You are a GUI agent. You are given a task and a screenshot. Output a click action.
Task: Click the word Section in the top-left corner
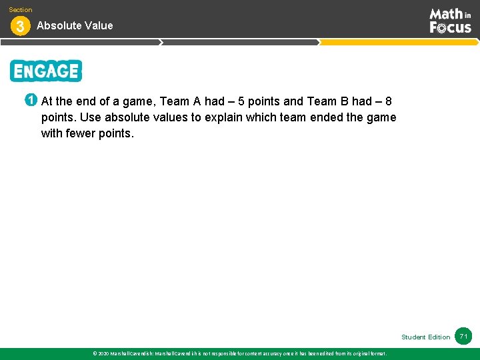tap(21, 10)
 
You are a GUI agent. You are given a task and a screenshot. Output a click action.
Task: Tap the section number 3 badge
tap(19, 27)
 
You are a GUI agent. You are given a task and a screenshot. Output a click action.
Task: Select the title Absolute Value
tap(75, 25)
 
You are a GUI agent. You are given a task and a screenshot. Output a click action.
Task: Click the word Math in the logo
tap(445, 14)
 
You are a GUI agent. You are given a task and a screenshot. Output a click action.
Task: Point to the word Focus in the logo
tap(450, 27)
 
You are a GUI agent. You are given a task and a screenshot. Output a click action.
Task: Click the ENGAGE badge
tap(46, 71)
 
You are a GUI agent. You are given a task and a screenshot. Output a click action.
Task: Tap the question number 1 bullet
tap(30, 101)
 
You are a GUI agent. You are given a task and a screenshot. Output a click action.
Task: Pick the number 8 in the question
tap(389, 101)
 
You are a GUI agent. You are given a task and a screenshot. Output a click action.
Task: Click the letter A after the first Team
tap(197, 101)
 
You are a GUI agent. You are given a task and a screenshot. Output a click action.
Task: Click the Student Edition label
tap(425, 337)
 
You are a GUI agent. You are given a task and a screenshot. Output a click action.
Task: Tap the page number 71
tap(463, 337)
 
